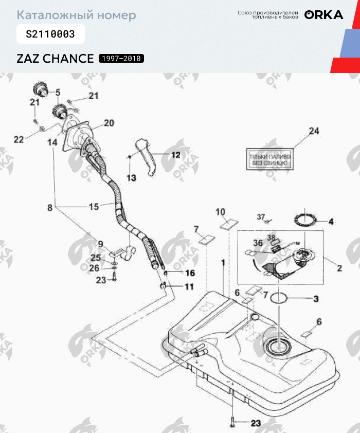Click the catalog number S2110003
coord(50,34)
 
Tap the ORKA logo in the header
coord(323,15)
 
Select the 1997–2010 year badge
coord(121,58)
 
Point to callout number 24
coord(314,132)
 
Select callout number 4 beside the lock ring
coord(331,222)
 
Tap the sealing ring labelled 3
coord(279,298)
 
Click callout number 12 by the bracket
coord(175,154)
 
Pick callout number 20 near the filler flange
coord(109,123)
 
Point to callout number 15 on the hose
coord(94,207)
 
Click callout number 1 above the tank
coord(223,262)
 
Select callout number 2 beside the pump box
coord(339,268)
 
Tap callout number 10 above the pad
coord(220,211)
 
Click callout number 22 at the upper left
coord(19,139)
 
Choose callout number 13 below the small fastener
coord(131,178)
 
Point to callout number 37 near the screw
coord(260,217)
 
